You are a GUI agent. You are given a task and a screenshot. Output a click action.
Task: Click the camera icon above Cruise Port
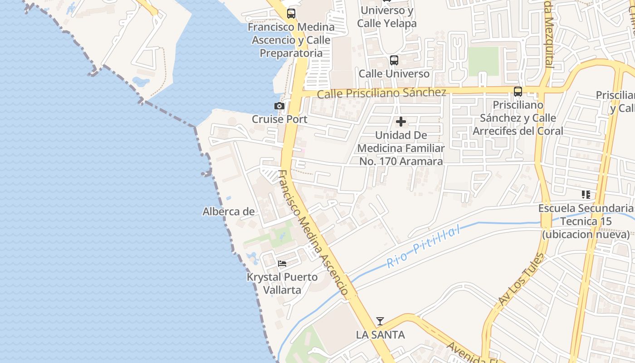(279, 106)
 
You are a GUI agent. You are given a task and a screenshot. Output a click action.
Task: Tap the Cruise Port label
(279, 119)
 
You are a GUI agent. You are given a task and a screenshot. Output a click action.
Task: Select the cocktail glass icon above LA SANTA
(380, 321)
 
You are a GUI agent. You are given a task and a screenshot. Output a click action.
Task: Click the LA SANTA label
(380, 335)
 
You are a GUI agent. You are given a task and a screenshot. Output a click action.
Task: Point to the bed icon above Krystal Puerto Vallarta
(282, 263)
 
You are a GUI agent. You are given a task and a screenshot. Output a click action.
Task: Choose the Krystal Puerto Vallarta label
(282, 283)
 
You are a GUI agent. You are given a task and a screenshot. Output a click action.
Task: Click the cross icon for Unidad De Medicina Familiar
(401, 122)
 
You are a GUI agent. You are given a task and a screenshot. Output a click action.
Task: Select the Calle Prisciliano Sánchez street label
(381, 93)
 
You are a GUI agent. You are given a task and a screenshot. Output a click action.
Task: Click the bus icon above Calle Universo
(394, 60)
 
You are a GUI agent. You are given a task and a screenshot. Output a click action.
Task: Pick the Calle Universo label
(394, 74)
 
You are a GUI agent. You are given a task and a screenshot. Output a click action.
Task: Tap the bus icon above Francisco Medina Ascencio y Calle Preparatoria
(291, 14)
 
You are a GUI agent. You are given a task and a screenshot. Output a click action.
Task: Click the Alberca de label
(228, 211)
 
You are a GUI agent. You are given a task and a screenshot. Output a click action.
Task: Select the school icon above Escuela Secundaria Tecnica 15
(586, 195)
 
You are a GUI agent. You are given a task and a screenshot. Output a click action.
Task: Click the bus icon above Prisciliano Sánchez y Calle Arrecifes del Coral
(518, 92)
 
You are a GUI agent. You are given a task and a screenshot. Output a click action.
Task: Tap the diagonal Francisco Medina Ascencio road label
(313, 233)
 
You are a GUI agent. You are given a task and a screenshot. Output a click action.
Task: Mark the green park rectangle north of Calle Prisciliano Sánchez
(484, 61)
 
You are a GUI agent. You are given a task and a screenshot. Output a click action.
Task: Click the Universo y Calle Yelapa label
(386, 17)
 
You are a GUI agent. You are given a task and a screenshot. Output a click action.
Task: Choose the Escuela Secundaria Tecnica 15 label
(586, 221)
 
